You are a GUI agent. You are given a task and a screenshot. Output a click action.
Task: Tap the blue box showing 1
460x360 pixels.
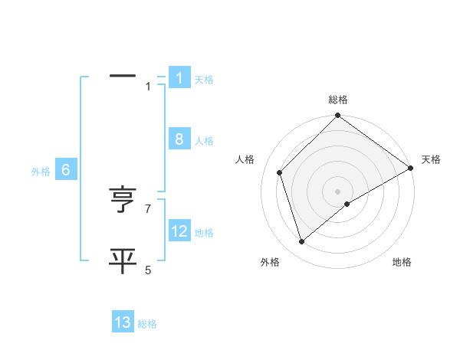tap(179, 77)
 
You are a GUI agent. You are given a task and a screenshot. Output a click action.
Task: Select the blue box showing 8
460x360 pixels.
tap(179, 139)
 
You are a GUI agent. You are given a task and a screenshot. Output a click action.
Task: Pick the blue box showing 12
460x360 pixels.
tap(179, 231)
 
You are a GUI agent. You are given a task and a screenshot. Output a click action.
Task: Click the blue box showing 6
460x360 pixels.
tap(66, 170)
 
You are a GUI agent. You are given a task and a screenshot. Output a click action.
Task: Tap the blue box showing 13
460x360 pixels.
tap(123, 322)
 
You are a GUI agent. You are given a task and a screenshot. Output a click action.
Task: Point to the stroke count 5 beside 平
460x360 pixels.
tap(148, 270)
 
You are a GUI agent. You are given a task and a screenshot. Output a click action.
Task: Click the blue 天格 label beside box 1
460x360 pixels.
tap(204, 79)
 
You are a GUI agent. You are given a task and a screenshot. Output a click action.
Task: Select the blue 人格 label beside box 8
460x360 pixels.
tap(204, 141)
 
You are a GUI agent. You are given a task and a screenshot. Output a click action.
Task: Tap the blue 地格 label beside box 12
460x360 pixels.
tap(204, 233)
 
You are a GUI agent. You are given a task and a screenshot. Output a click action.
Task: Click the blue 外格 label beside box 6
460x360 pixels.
tap(41, 172)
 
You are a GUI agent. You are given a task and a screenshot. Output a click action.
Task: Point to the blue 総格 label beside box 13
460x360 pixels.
tap(147, 324)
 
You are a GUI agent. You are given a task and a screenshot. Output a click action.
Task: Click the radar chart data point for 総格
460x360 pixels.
tap(337, 116)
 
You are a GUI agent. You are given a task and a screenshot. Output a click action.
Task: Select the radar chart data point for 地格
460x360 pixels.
tap(347, 204)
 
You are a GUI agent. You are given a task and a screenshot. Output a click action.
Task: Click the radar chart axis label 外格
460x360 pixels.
tap(270, 262)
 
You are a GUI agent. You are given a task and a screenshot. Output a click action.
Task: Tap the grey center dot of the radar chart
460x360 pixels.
tap(337, 191)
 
